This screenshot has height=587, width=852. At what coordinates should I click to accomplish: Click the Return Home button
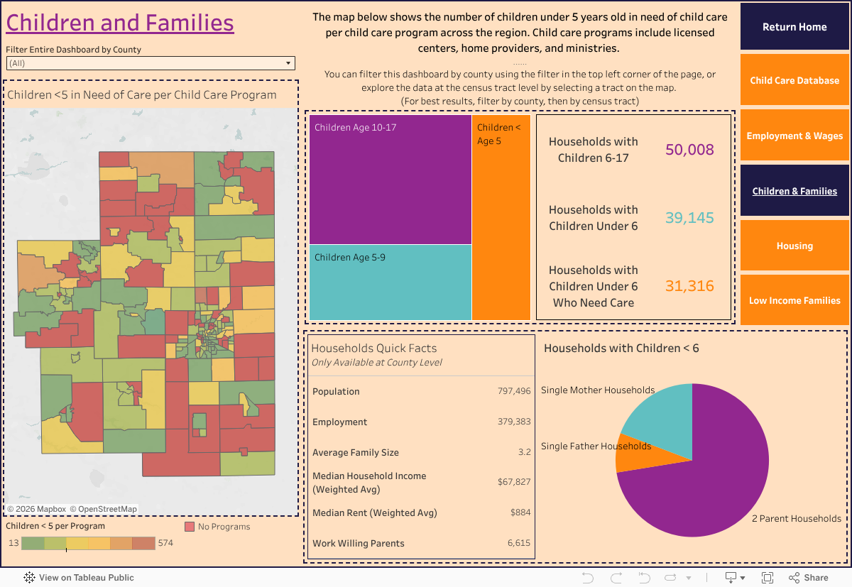794,27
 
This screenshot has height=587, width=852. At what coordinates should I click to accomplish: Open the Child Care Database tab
794,80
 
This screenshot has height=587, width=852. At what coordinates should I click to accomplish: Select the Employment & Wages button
794,136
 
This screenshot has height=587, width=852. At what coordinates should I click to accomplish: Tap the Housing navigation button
794,246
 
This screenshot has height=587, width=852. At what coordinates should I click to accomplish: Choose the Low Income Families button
794,300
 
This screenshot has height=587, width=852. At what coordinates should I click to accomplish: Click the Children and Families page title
120,23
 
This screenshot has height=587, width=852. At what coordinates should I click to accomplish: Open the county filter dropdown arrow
288,63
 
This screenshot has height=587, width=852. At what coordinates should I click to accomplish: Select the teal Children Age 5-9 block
390,282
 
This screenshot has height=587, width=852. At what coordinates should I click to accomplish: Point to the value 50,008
689,150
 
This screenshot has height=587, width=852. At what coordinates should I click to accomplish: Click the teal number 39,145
689,218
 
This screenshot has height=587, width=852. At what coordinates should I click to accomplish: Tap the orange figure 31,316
689,286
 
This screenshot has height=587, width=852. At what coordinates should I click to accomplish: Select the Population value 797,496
514,391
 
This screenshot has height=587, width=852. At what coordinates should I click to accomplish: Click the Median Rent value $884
520,512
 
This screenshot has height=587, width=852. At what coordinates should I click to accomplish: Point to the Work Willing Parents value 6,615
518,543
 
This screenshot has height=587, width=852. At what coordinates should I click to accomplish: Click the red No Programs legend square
190,527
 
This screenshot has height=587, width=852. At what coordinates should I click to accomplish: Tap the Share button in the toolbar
809,578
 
